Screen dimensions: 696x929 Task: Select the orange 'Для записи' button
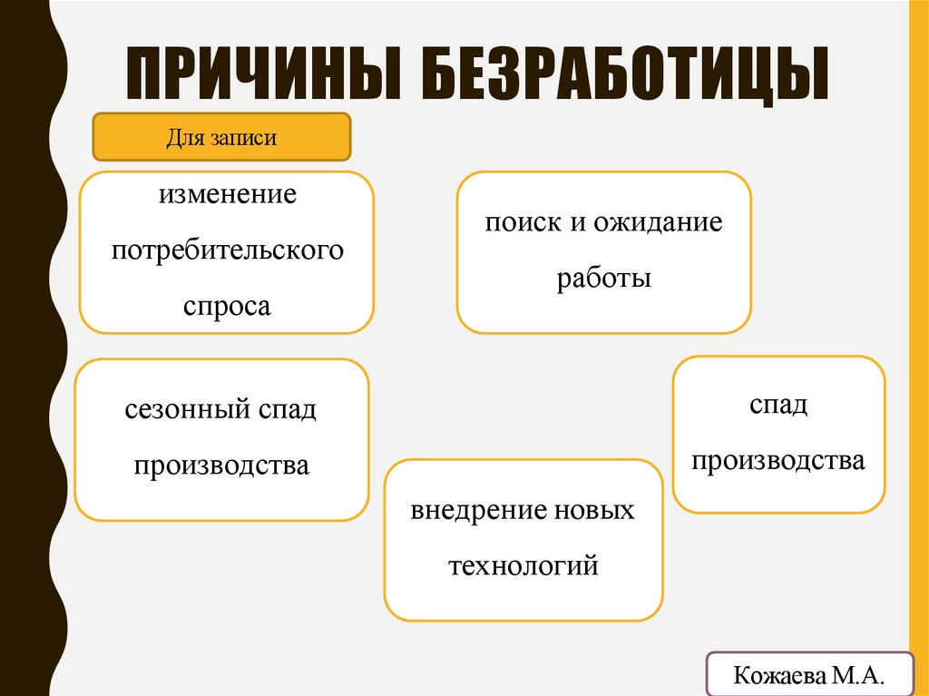pos(221,138)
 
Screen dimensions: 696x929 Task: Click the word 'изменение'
pos(228,194)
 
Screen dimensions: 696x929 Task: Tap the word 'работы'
pos(604,278)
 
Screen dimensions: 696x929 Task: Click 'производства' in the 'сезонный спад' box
pos(222,466)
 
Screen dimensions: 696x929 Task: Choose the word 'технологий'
pos(523,566)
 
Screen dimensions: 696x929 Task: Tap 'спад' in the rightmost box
pos(778,405)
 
